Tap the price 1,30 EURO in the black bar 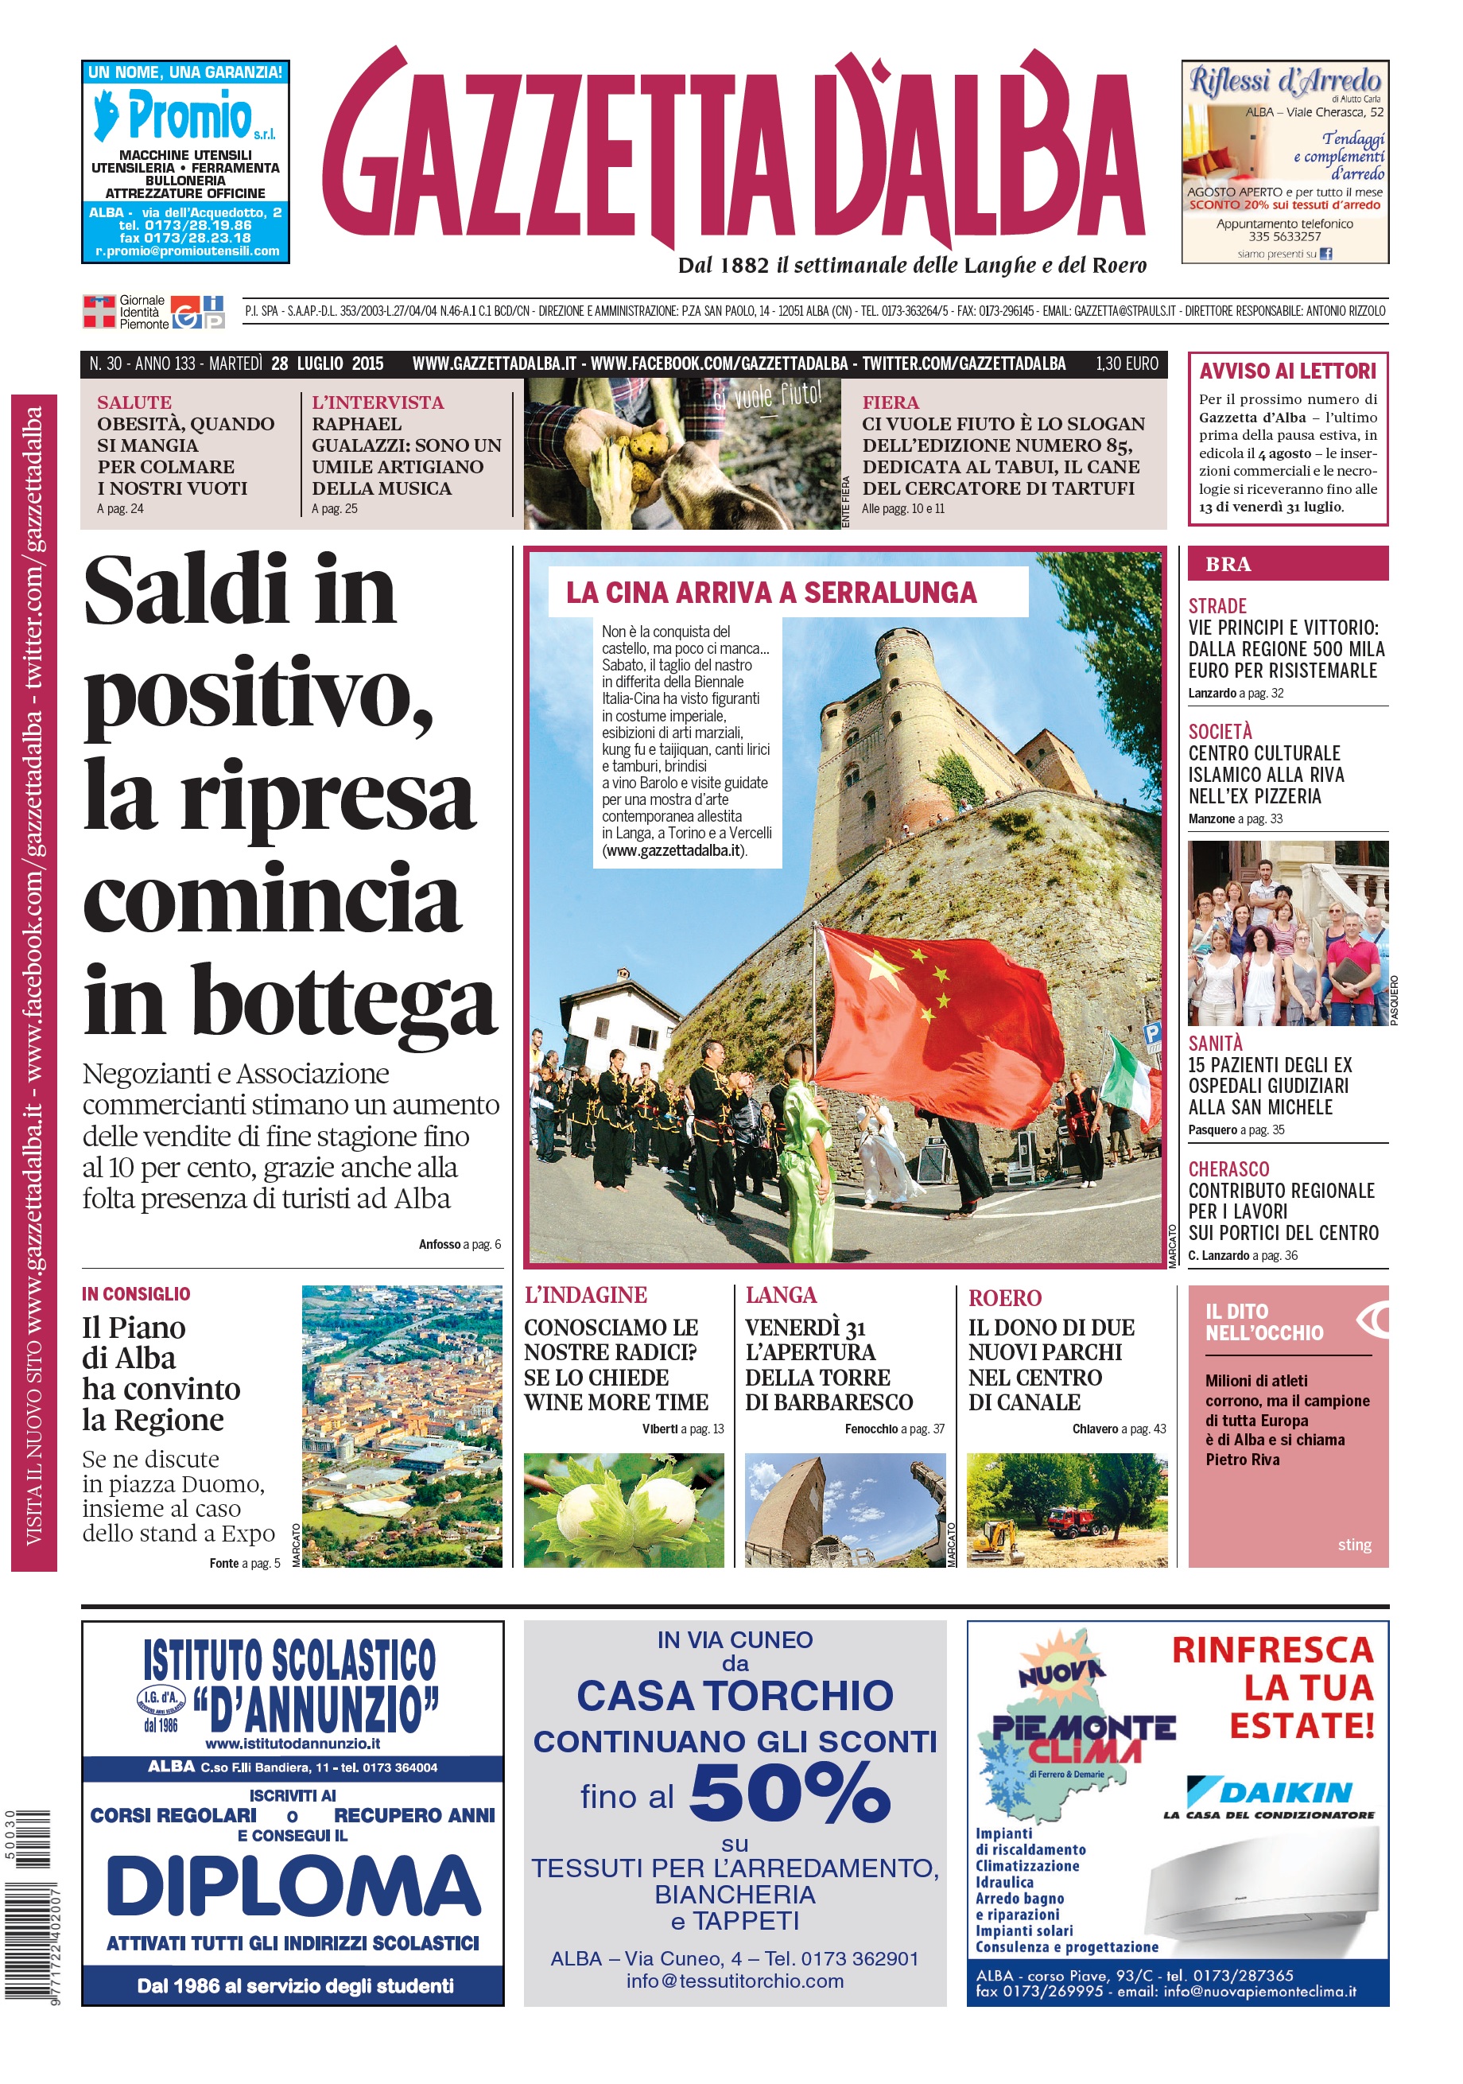pos(1127,364)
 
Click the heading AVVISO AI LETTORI pos(1287,371)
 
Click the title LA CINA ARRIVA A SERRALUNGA pos(771,593)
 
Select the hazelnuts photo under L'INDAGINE pos(623,1511)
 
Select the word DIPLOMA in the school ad pos(293,1885)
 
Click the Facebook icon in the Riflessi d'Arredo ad pos(1326,255)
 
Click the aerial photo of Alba pos(402,1426)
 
